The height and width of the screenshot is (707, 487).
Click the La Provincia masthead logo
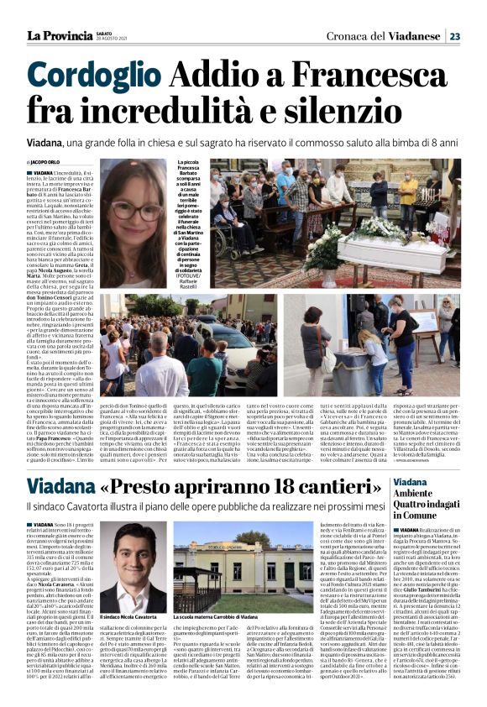tap(58, 36)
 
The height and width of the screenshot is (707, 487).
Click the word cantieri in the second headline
tap(339, 487)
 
